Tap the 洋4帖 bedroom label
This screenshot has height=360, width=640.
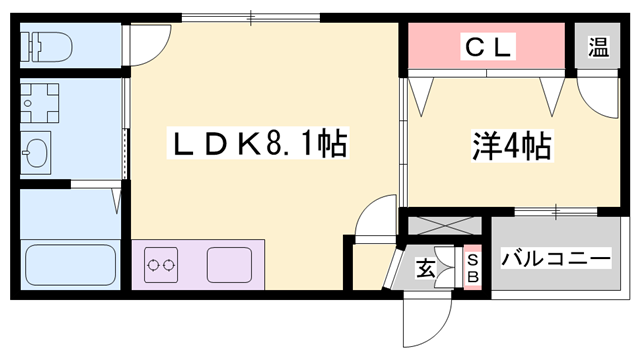511,147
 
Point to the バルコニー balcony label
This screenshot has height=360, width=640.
556,259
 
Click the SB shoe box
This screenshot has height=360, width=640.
473,267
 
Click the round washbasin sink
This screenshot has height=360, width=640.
38,153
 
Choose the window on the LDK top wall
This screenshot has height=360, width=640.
251,17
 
